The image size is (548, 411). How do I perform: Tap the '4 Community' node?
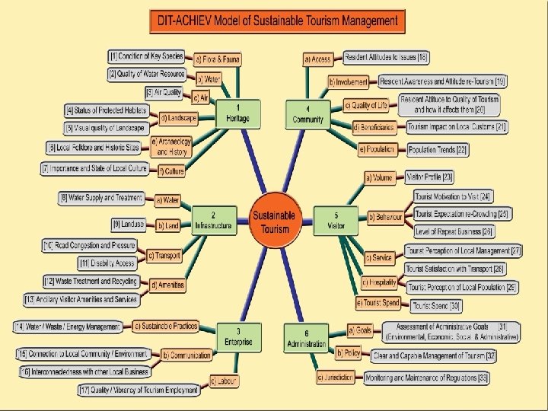(308, 115)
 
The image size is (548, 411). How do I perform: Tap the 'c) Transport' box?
(164, 255)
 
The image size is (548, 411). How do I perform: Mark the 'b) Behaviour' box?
(384, 218)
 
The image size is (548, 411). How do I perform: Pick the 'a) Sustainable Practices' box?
(165, 326)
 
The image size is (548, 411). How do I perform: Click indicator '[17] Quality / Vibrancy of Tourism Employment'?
(139, 390)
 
